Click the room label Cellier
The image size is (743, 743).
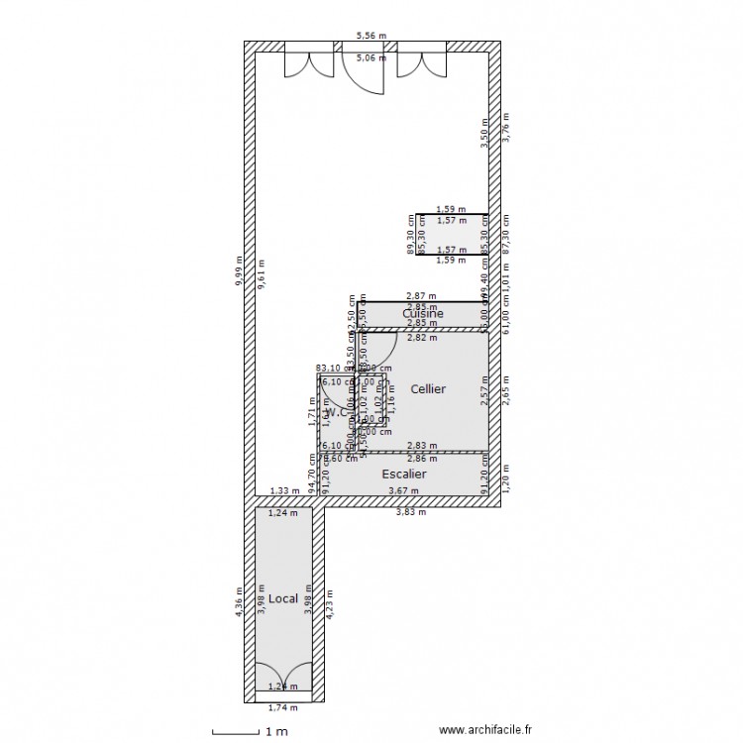(428, 389)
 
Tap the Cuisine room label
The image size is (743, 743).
(423, 314)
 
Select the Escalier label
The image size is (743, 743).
(404, 475)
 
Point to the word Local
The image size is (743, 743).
(283, 598)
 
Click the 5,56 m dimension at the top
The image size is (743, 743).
(371, 36)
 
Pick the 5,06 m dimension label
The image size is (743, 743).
(371, 58)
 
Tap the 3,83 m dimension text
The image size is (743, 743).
(410, 512)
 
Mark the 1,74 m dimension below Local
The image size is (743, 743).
(283, 707)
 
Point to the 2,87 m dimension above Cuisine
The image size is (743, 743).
(422, 296)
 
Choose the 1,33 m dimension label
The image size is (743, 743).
(284, 490)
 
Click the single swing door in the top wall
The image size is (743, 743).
(364, 69)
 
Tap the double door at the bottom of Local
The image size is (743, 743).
(283, 676)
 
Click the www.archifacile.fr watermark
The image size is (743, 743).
(492, 731)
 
